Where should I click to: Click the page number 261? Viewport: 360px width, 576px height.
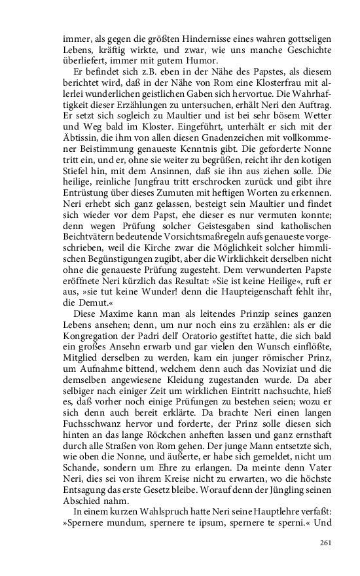coord(327,542)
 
